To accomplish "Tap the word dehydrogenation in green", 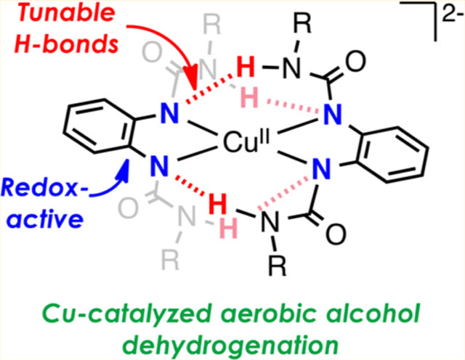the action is coord(233,338).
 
